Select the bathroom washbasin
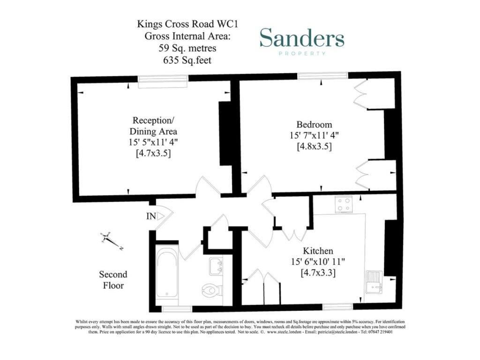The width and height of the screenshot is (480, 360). pyautogui.click(x=216, y=266)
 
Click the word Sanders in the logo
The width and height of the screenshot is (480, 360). pyautogui.click(x=302, y=38)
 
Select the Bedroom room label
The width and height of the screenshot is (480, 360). pyautogui.click(x=314, y=125)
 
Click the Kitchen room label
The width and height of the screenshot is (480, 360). pyautogui.click(x=318, y=251)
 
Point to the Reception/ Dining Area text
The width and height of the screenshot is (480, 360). pyautogui.click(x=153, y=125)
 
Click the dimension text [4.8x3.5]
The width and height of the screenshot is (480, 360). pyautogui.click(x=315, y=146)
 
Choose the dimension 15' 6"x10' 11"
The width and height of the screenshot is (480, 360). pyautogui.click(x=318, y=262)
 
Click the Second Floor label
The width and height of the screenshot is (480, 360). pyautogui.click(x=112, y=279)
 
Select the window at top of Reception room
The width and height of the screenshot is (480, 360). pyautogui.click(x=162, y=80)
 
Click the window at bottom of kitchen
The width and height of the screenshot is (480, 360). pyautogui.click(x=337, y=307)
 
